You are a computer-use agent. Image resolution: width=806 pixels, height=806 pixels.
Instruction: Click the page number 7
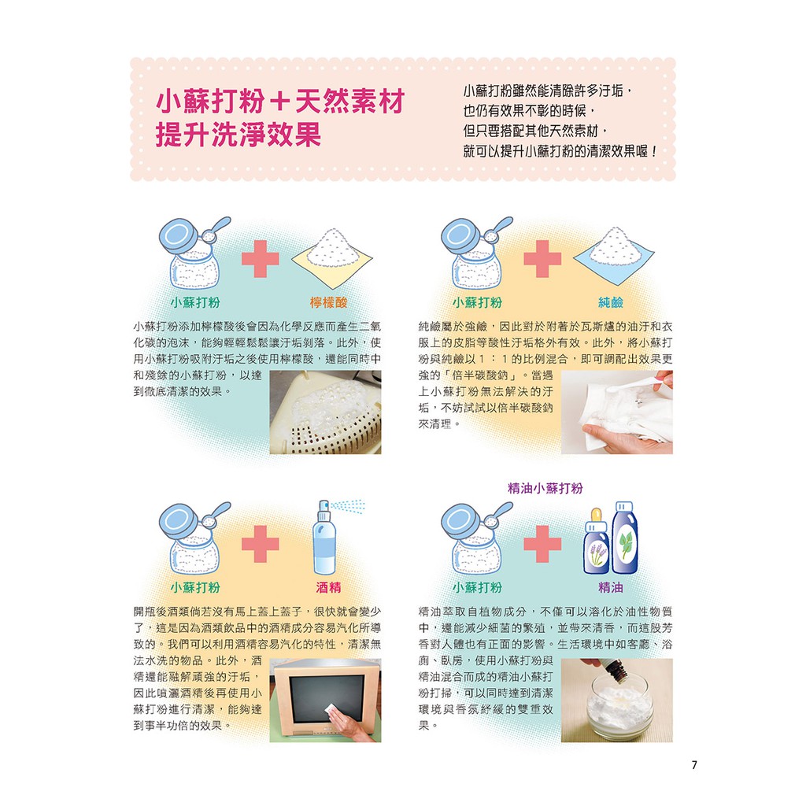[x=694, y=765]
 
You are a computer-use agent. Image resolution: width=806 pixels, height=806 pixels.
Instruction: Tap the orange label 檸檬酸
[x=328, y=302]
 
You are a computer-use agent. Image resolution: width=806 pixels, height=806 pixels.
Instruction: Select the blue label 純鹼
[x=611, y=302]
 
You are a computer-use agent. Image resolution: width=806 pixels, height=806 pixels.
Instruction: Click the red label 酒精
[x=328, y=587]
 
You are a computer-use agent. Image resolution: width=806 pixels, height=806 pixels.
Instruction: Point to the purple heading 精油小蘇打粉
[x=545, y=488]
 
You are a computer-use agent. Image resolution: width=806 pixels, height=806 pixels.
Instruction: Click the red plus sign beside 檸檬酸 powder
[x=260, y=258]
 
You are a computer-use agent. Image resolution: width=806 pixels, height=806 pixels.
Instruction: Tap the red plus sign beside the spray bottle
[x=260, y=544]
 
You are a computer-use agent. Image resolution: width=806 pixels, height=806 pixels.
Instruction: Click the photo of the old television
[x=325, y=700]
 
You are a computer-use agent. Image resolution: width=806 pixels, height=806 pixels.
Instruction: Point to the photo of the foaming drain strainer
[x=325, y=412]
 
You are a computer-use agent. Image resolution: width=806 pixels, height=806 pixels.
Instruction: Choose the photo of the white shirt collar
[x=617, y=412]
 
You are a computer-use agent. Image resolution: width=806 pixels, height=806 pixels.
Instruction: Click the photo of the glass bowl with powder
[x=617, y=700]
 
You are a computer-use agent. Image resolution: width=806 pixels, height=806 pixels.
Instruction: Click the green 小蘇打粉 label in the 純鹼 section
[x=477, y=302]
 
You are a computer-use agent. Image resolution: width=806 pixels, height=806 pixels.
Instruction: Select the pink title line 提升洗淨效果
[x=238, y=135]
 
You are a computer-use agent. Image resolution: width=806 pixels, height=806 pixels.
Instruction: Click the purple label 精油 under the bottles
[x=611, y=587]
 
